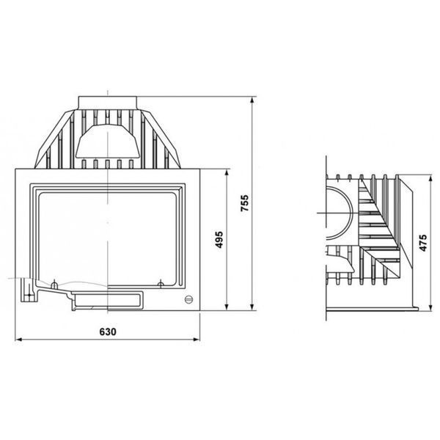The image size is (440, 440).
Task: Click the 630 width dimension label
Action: (x=108, y=331)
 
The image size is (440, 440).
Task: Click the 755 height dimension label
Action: (x=245, y=203)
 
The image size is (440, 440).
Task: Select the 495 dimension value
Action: (x=219, y=240)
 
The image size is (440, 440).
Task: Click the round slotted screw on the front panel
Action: (x=189, y=299)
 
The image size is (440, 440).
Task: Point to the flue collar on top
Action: (x=108, y=103)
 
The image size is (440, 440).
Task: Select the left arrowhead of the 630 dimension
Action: (x=18, y=340)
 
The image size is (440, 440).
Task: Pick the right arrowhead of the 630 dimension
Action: (x=197, y=340)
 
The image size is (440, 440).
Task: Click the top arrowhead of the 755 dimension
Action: (x=252, y=100)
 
